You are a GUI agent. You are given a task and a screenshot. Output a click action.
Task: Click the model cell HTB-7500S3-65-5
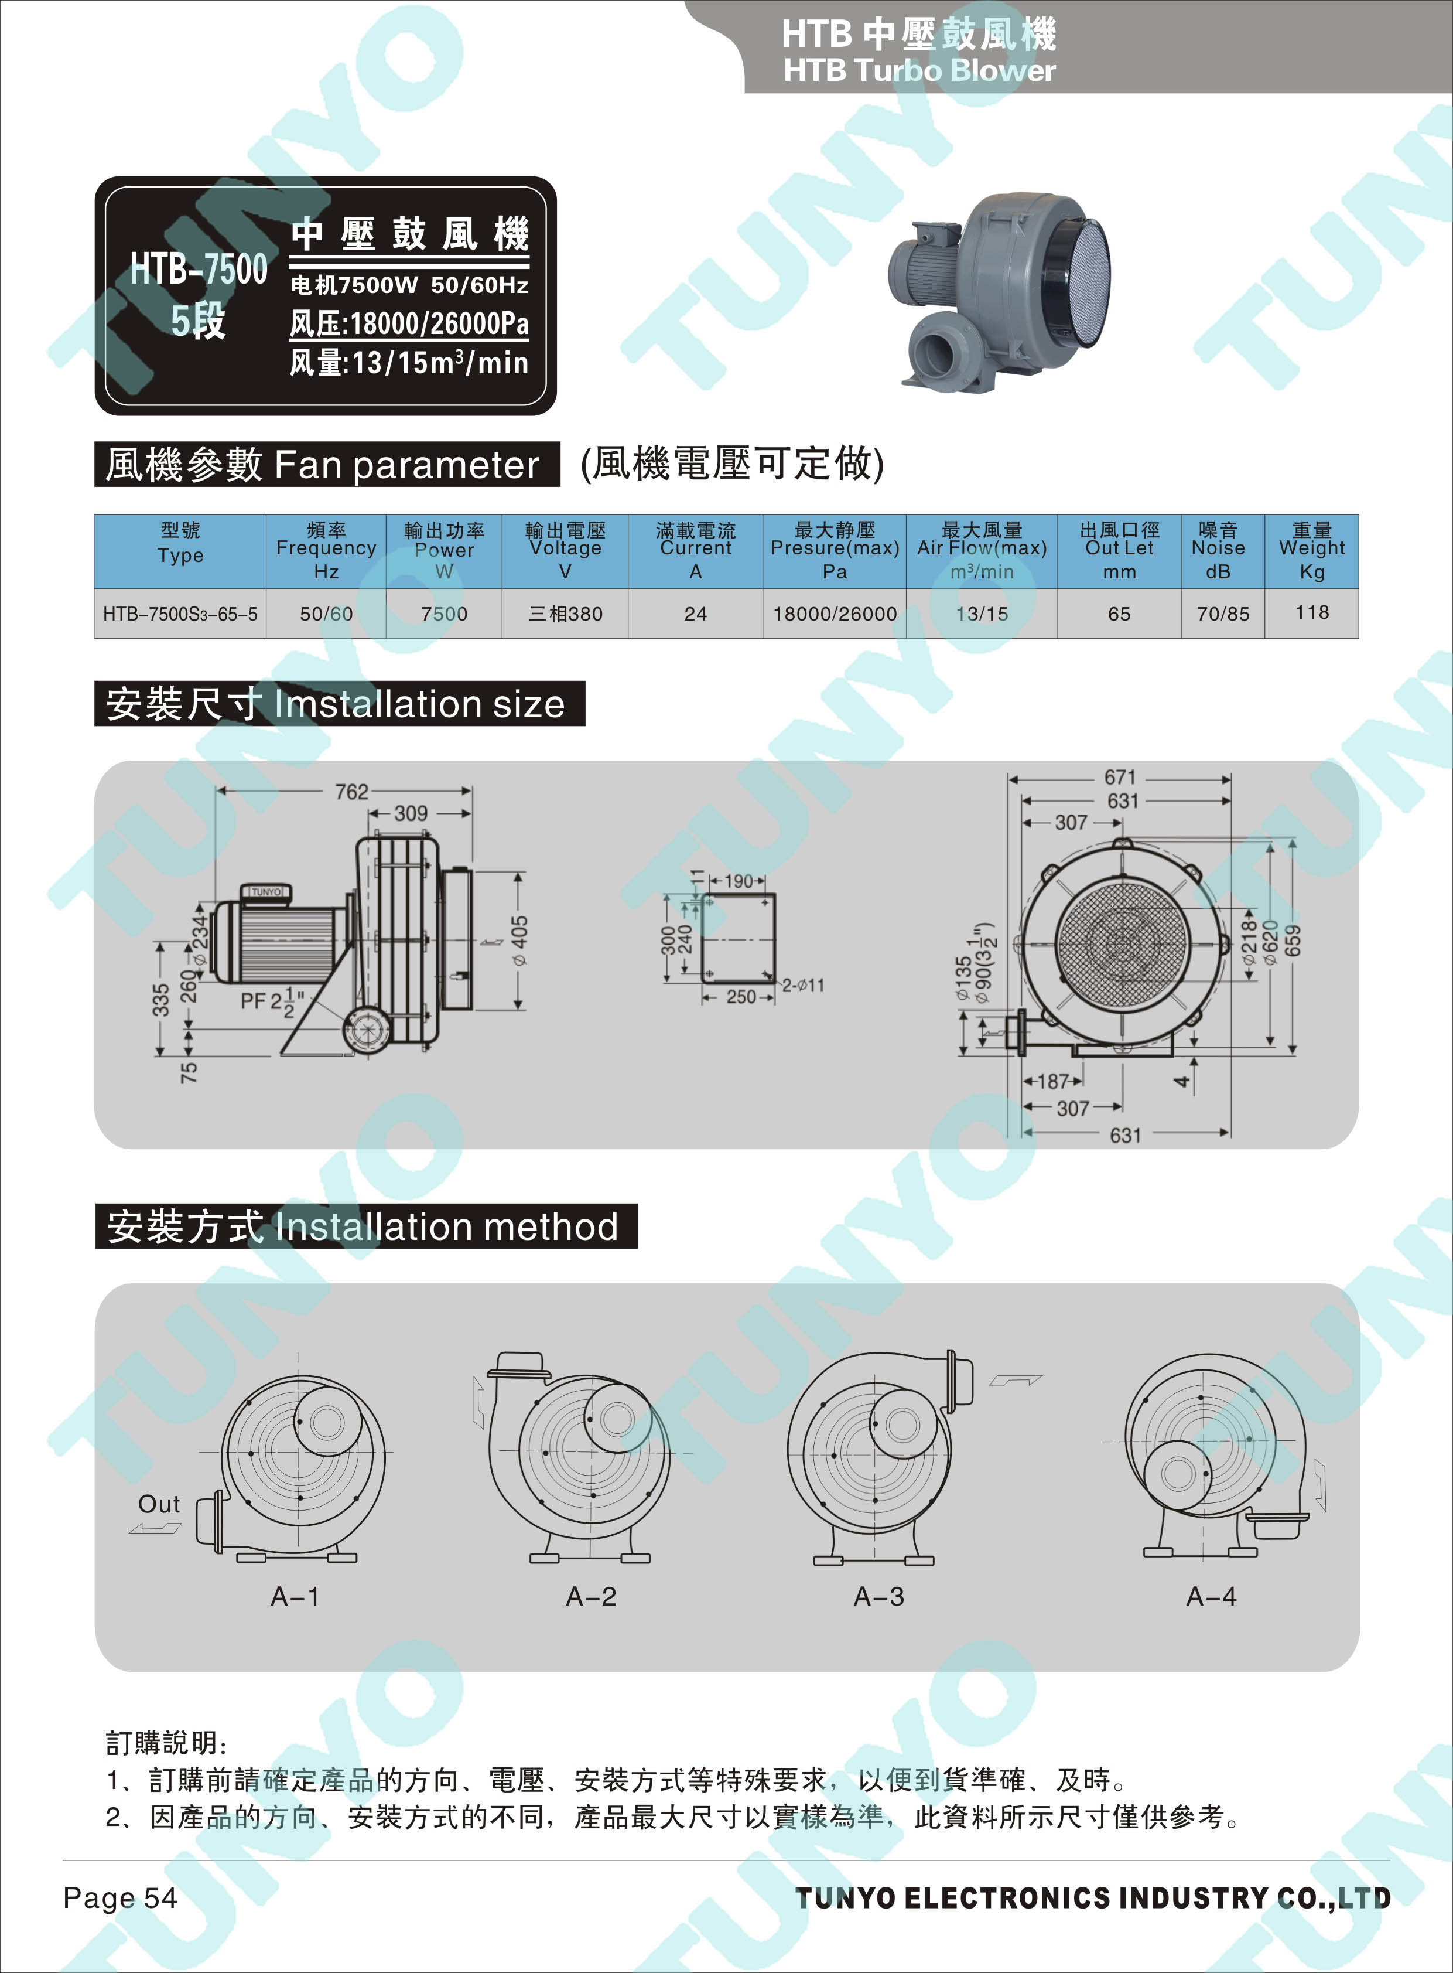(180, 614)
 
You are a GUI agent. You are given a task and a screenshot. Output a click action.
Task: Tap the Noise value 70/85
(1223, 614)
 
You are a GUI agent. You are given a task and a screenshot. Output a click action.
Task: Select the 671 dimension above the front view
(1120, 777)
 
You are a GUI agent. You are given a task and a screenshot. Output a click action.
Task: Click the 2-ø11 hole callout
(803, 986)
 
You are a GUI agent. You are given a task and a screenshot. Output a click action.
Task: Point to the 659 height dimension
(1293, 940)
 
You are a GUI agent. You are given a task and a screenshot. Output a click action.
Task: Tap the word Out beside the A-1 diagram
(159, 1504)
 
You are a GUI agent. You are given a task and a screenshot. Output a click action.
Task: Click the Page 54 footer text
(121, 1897)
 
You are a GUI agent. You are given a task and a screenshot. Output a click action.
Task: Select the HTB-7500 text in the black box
(199, 268)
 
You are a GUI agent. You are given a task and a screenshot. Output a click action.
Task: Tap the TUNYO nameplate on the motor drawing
(266, 891)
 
